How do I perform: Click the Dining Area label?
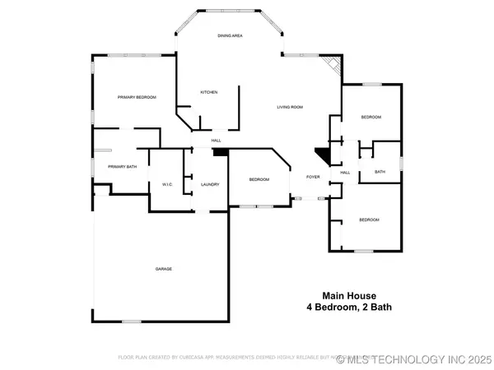click(229, 36)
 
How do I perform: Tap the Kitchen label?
click(209, 92)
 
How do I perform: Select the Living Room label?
click(290, 107)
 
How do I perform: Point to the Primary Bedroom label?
click(137, 97)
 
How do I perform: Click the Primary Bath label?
click(121, 167)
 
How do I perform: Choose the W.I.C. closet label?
click(165, 184)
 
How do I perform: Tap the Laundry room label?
click(210, 184)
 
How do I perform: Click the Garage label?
click(165, 269)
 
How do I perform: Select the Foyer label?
click(313, 177)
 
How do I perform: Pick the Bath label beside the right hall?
click(380, 172)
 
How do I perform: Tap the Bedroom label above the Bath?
click(370, 118)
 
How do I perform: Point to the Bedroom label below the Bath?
click(368, 220)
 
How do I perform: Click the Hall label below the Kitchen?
click(217, 141)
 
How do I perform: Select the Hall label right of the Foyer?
click(346, 172)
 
